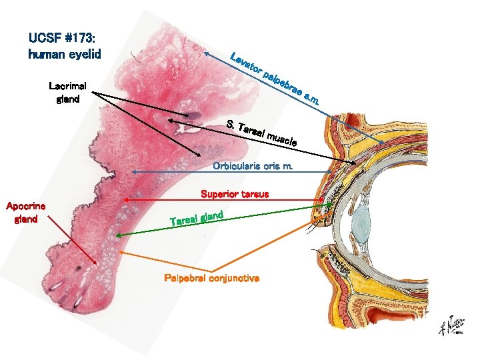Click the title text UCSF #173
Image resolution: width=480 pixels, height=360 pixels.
point(64,37)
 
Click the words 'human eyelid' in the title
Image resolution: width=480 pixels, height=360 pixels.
point(64,54)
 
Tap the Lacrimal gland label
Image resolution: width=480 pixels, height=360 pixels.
point(64,93)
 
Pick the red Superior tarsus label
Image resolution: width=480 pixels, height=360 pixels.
point(235,194)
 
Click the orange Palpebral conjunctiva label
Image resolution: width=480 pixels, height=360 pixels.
point(212,277)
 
